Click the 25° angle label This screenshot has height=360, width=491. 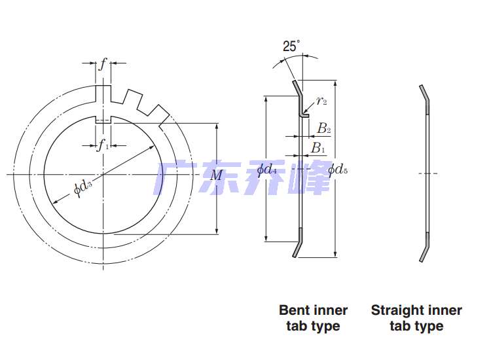[291, 46]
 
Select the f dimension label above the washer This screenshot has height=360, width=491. [103, 64]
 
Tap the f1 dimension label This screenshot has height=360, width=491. [103, 146]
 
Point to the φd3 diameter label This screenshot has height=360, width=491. [82, 189]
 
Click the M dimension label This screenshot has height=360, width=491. [216, 175]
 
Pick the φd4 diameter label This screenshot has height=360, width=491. [267, 170]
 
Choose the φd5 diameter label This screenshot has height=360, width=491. [338, 170]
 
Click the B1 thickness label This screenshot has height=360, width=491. [318, 148]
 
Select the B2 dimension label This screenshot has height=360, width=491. [324, 128]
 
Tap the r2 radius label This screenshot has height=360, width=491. [321, 101]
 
